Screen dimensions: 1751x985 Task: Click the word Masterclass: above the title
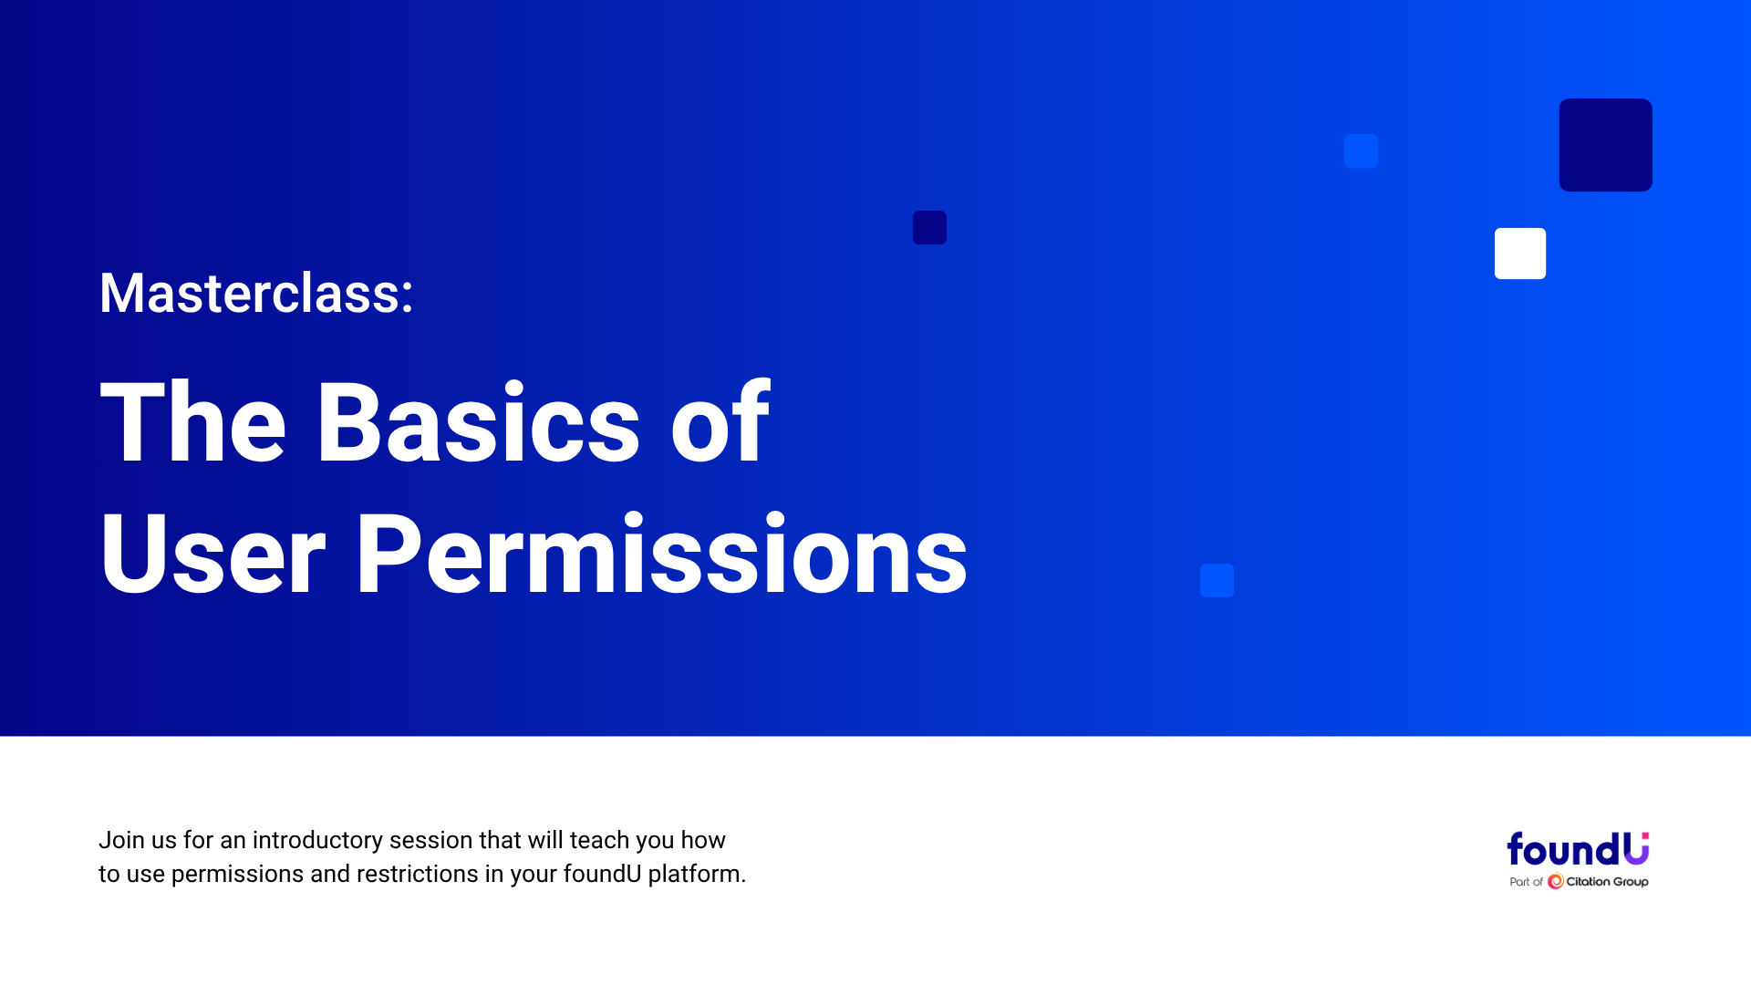(256, 294)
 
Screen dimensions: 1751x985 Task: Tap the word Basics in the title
(478, 423)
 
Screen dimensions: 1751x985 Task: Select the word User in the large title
(212, 554)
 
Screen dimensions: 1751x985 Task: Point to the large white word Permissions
(662, 554)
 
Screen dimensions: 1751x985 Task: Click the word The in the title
(193, 423)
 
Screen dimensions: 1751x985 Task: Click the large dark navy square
(1605, 145)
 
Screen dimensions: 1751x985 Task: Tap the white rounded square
(1520, 254)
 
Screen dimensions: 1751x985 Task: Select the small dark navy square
(929, 227)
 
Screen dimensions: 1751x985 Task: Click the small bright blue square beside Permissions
(1217, 580)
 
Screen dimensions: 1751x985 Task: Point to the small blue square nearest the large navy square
(1361, 150)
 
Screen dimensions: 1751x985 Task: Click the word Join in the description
(121, 840)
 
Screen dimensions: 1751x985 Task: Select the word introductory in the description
(317, 840)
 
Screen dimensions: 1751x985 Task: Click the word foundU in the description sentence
(602, 874)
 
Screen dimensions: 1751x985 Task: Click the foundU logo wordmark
(1578, 849)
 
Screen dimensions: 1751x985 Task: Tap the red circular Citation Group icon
(1555, 881)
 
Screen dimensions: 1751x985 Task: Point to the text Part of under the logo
(1526, 882)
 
